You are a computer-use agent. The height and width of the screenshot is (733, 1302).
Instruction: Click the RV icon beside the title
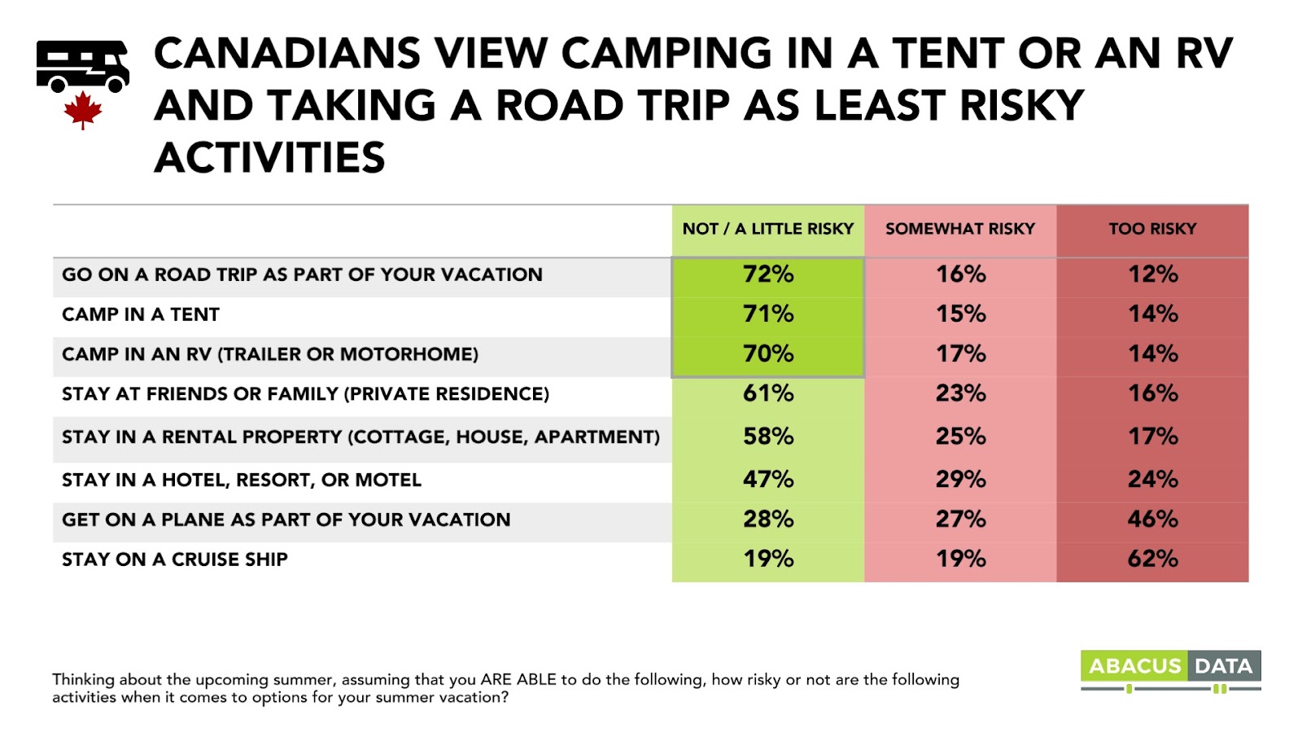pyautogui.click(x=82, y=66)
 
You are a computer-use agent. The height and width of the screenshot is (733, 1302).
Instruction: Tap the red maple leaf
pyautogui.click(x=82, y=110)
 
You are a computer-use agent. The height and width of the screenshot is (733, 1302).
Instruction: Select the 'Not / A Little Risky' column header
pyautogui.click(x=767, y=229)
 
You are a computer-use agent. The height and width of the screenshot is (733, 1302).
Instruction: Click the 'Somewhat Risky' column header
pyautogui.click(x=960, y=229)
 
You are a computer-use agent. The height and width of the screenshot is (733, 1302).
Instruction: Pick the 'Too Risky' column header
pyautogui.click(x=1152, y=229)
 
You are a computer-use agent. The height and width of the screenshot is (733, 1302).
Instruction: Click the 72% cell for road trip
pyautogui.click(x=767, y=274)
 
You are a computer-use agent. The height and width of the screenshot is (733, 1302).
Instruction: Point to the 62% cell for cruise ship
pyautogui.click(x=1152, y=560)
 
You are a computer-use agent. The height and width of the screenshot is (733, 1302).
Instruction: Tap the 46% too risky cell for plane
pyautogui.click(x=1152, y=520)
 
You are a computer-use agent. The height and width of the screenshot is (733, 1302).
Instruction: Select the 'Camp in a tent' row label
pyautogui.click(x=141, y=314)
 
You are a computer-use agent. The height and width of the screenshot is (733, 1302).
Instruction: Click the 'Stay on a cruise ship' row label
pyautogui.click(x=175, y=560)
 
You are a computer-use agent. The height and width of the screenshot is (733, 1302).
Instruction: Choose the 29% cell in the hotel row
pyautogui.click(x=960, y=480)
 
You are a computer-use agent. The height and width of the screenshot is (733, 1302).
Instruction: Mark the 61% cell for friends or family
pyautogui.click(x=767, y=394)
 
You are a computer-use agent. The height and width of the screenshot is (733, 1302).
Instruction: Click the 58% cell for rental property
pyautogui.click(x=767, y=437)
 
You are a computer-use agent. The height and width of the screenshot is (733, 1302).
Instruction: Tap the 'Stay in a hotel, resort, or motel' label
pyautogui.click(x=242, y=480)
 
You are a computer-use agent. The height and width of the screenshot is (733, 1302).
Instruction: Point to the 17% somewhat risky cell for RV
pyautogui.click(x=960, y=354)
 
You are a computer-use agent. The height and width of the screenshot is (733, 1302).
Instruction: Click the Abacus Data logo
pyautogui.click(x=1170, y=669)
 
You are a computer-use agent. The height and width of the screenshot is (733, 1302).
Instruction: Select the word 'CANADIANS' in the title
pyautogui.click(x=287, y=54)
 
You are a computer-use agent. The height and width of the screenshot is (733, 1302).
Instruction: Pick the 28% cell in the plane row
pyautogui.click(x=767, y=520)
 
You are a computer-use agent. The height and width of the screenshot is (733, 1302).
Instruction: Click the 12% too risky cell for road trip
pyautogui.click(x=1152, y=274)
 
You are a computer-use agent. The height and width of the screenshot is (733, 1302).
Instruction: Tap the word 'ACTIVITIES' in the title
pyautogui.click(x=269, y=158)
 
